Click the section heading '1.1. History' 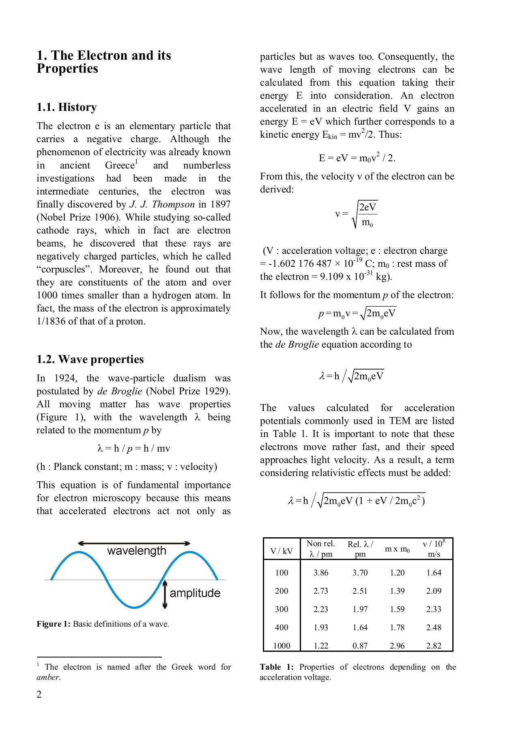click(67, 107)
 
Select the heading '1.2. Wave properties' click(90, 359)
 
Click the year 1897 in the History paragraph click(220, 205)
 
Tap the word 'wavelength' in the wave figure click(137, 551)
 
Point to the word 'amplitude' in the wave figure click(195, 593)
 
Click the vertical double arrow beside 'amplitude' click(165, 595)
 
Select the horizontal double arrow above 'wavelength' click(134, 543)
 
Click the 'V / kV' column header click(282, 551)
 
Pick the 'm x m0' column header click(397, 549)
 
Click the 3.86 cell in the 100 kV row click(321, 573)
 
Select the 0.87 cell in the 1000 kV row click(360, 646)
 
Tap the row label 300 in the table click(282, 609)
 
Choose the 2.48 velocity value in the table click(434, 627)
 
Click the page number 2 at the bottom click(39, 694)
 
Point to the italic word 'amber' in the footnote click(48, 677)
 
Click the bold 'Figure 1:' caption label click(54, 624)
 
